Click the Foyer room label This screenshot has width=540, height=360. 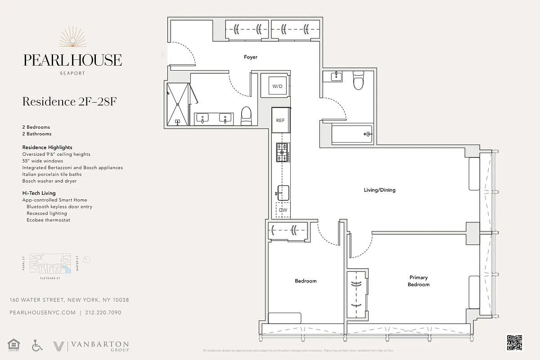tap(251, 57)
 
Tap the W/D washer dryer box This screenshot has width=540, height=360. tap(278, 85)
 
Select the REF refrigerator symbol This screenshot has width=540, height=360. tap(280, 120)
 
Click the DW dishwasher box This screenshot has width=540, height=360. tap(283, 210)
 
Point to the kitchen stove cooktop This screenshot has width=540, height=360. tap(283, 152)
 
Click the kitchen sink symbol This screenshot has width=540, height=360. tap(282, 192)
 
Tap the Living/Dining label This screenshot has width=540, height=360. tap(379, 190)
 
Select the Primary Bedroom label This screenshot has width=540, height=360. tap(418, 281)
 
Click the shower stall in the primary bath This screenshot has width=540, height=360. tap(178, 104)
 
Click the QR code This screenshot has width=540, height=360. tap(515, 342)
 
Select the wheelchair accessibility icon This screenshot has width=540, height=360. tap(37, 346)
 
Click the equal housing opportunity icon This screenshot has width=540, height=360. tap(15, 346)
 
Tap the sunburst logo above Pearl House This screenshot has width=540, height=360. tap(72, 38)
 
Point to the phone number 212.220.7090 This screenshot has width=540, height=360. tap(103, 313)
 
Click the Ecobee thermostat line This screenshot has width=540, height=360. tap(48, 220)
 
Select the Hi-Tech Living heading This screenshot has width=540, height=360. tap(39, 193)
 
